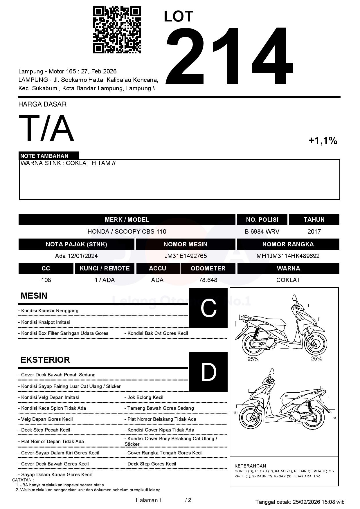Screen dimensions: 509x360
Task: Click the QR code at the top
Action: coord(117,30)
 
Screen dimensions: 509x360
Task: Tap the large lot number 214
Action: coord(229,56)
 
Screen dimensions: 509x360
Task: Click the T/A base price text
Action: coord(46,129)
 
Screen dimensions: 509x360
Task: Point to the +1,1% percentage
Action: coord(323,141)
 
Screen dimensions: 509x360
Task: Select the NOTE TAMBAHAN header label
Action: coord(44,156)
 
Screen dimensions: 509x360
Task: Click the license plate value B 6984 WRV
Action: coord(262,232)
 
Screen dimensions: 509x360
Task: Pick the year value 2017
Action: coord(314,232)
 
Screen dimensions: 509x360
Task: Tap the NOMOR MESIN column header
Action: coord(185,244)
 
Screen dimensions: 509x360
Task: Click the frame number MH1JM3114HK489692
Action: coord(288,256)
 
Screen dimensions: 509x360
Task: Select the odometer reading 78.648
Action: coord(208,280)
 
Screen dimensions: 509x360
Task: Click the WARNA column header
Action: coord(288,268)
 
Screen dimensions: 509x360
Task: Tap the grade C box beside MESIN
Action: coord(208,308)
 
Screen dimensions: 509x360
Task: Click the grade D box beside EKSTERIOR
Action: coord(208,372)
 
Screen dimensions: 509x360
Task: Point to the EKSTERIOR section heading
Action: coord(45,360)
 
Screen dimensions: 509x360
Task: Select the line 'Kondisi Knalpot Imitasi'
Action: coord(45,322)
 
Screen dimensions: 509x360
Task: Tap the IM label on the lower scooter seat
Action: coord(287,396)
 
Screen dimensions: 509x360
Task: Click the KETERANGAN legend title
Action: coord(250,466)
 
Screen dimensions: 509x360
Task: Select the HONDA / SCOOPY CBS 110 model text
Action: coord(127,232)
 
